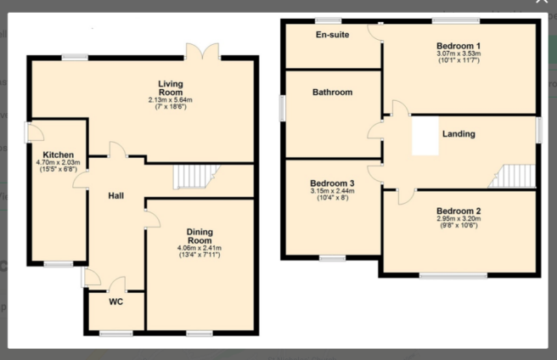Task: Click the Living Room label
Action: click(171, 88)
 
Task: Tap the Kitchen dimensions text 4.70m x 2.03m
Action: click(59, 162)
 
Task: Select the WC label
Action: click(116, 301)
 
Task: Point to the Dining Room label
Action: click(200, 236)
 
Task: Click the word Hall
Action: click(116, 195)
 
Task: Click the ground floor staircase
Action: click(197, 177)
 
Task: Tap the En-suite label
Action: click(333, 35)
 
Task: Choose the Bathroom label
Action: click(333, 92)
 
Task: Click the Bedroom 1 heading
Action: click(459, 46)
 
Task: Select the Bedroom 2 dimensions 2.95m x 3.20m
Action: click(459, 218)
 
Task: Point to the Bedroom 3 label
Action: click(332, 183)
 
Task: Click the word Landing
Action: click(459, 134)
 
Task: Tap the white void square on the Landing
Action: click(425, 136)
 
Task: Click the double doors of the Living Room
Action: click(202, 52)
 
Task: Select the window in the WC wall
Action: click(116, 334)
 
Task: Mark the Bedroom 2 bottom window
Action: click(453, 275)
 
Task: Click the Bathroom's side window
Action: click(283, 108)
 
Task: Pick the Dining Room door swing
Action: click(153, 219)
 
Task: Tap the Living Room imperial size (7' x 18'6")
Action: click(171, 107)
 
